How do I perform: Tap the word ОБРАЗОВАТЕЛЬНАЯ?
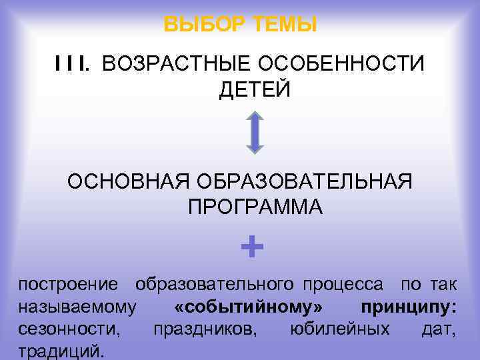303,181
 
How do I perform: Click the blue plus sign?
252,248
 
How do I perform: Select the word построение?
69,285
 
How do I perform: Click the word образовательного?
215,285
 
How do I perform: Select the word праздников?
205,329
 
